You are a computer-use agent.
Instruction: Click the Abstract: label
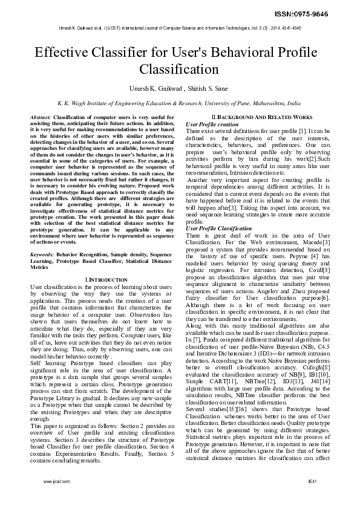(x=41, y=115)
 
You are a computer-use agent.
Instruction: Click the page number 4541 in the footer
(x=312, y=498)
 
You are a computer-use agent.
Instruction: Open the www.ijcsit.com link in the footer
(x=55, y=498)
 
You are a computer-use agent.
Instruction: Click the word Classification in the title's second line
(x=180, y=70)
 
